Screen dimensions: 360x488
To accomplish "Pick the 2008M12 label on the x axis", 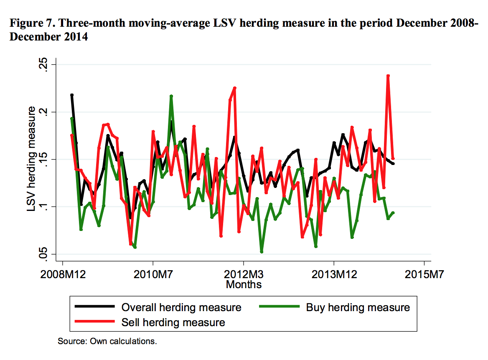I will pos(62,276).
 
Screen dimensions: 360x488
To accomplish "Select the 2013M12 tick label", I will pos(333,276).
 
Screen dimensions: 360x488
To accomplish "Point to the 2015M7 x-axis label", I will pos(424,276).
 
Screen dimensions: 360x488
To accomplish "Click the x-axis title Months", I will pos(244,285).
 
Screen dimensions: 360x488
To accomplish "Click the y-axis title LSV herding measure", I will pos(31,159).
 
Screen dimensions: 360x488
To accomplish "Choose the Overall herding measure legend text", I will pos(181,308).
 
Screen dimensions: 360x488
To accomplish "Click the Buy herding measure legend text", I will pos(358,308).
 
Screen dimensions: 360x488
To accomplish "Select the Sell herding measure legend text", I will pos(173,322).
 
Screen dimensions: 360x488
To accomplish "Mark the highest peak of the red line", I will pos(388,76).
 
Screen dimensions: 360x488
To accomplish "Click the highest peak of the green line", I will pos(171,96).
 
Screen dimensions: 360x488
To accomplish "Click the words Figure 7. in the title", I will pos(31,23).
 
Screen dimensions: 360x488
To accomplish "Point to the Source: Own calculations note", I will pos(107,341).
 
